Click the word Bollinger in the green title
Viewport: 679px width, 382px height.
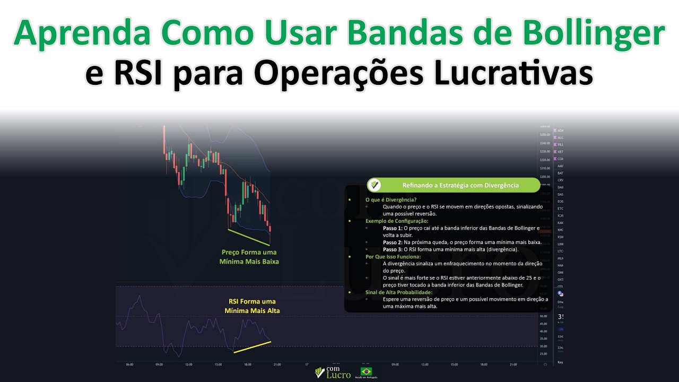pos(594,34)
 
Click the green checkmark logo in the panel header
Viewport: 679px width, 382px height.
pos(375,185)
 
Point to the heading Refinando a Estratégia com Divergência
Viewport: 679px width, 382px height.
pos(460,185)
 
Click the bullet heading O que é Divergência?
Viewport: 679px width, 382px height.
pos(391,200)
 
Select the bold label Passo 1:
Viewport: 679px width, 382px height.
pos(393,228)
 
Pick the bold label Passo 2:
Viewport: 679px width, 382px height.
pos(393,242)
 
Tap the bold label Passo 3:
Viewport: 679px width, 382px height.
pos(393,249)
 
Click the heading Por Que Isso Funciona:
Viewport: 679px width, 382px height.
pos(393,256)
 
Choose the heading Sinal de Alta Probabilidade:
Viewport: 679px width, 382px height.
pos(399,292)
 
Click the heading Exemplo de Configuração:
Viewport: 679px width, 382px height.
pos(397,221)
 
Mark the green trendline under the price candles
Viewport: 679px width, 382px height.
pos(248,237)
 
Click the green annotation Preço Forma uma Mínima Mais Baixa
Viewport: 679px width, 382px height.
pos(249,257)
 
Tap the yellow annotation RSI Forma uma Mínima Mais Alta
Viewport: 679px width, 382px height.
pos(252,306)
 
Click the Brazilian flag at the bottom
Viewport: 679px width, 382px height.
pos(366,371)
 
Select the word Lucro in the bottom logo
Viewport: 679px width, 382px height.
pos(338,375)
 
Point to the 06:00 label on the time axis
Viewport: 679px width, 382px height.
pos(129,364)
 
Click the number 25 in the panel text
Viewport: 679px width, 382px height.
pos(530,277)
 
